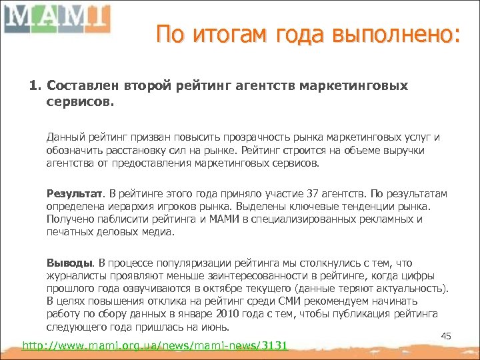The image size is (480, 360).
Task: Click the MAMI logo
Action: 56,18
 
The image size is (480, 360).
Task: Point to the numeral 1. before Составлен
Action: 35,87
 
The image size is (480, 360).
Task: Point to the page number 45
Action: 447,336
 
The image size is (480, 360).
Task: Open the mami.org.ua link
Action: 155,345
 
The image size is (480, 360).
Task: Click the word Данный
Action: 64,137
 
